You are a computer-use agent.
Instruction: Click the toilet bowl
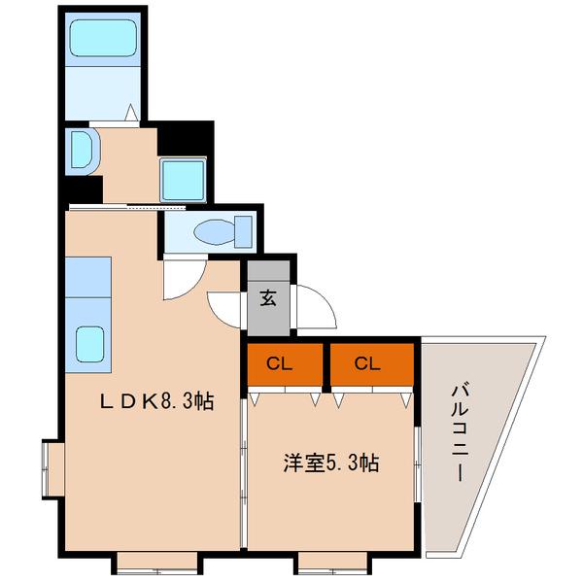[215, 232]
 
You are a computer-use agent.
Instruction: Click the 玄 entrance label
[267, 298]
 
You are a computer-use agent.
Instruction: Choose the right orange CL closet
[366, 364]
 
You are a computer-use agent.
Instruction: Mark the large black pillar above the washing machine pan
[185, 136]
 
